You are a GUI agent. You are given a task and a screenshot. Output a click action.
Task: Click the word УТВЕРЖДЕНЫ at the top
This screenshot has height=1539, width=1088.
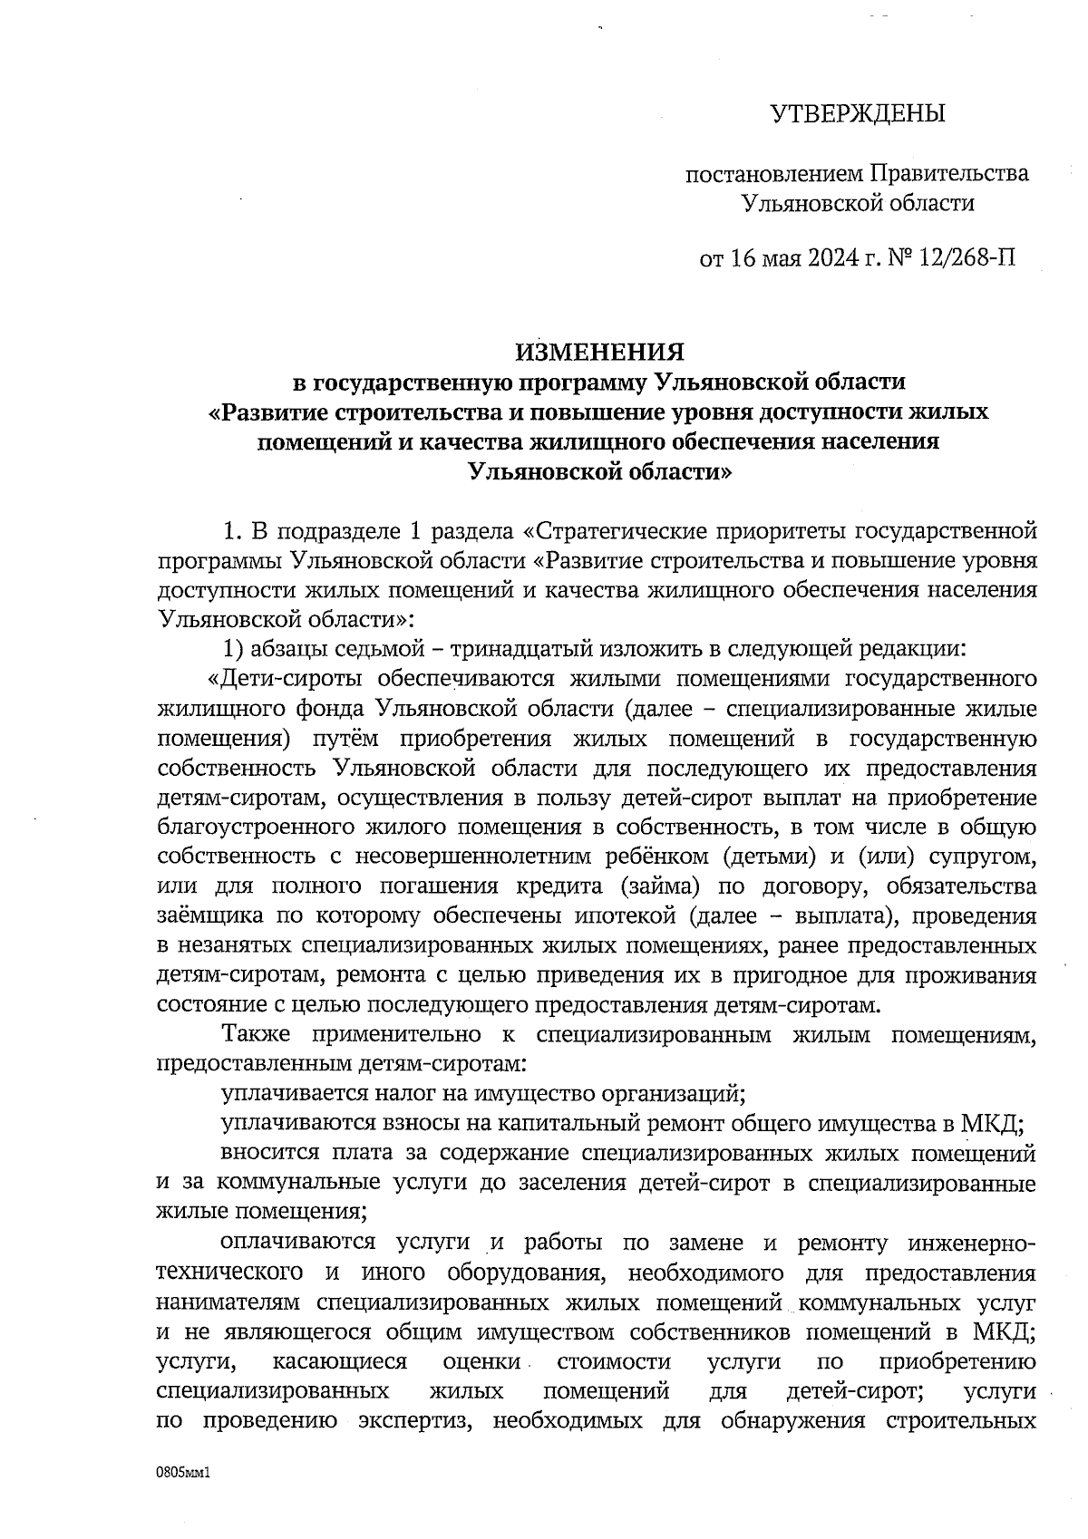click(x=857, y=114)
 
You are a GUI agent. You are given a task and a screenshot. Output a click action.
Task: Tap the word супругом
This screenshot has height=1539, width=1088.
click(x=988, y=857)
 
